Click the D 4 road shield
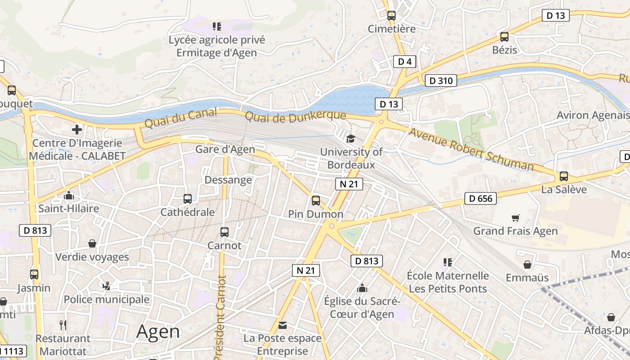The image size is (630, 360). coord(405,62)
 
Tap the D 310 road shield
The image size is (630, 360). coord(441,81)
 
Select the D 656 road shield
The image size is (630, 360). coord(481,198)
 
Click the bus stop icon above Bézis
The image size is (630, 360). coord(504,37)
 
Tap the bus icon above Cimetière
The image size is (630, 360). coord(391,16)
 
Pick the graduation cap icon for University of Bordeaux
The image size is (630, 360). coord(351,139)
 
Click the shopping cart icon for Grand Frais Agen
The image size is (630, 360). coord(516,218)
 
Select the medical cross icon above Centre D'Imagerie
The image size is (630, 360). coord(77,130)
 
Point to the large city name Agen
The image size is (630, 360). coord(158,332)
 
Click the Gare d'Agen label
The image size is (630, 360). coord(225,149)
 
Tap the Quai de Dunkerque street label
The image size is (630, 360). coord(295,116)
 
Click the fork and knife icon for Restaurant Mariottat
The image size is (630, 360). coord(63,325)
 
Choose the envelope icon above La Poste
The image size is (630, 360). coord(283,325)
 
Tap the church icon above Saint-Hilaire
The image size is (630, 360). coord(69,196)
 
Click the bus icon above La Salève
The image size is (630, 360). coord(564,176)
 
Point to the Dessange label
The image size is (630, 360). coord(228,180)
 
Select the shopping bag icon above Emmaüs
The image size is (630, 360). coord(527,265)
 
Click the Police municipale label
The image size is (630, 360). coord(106,299)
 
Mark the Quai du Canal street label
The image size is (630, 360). coord(180,118)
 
